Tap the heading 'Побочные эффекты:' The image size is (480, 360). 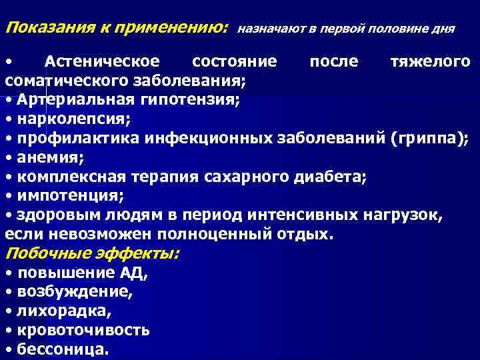point(93,254)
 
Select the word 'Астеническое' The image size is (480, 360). point(102,62)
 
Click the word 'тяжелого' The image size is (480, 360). point(430,62)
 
